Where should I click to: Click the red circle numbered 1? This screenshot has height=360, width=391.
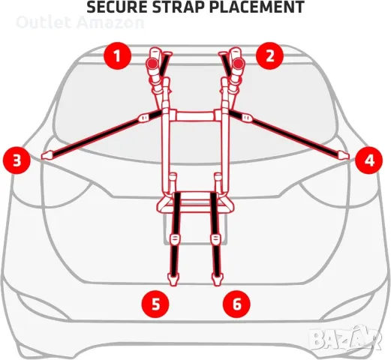click(x=118, y=55)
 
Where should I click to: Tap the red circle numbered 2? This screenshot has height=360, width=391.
click(x=269, y=55)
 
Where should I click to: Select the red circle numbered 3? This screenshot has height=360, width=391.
click(x=17, y=160)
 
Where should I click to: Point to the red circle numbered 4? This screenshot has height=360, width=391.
click(x=369, y=160)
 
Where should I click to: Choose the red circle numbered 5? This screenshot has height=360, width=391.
click(x=155, y=304)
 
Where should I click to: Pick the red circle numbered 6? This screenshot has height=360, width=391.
click(x=236, y=304)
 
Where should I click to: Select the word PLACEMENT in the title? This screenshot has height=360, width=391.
click(x=257, y=7)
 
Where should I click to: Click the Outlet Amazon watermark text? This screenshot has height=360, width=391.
click(x=80, y=22)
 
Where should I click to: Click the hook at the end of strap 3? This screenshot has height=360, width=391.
click(x=47, y=155)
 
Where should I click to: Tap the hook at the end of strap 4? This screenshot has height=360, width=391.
click(x=343, y=155)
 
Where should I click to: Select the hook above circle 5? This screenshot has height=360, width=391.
click(x=173, y=280)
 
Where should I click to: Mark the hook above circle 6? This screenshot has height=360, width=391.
click(x=218, y=280)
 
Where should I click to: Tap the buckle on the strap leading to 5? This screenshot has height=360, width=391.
click(x=175, y=239)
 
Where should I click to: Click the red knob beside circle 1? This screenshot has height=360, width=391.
click(x=152, y=64)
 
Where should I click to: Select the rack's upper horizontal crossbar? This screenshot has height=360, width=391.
click(x=195, y=116)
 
